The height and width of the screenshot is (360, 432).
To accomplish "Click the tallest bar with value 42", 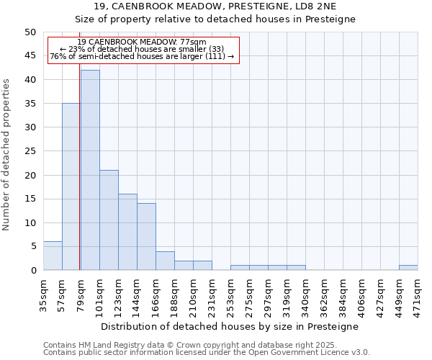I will [90, 170].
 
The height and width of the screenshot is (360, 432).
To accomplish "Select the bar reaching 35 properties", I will [71, 186].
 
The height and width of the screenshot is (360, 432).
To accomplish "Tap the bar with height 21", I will [109, 220].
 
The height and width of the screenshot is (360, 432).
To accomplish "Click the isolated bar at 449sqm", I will [408, 267].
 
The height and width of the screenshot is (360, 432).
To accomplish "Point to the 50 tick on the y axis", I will [30, 32].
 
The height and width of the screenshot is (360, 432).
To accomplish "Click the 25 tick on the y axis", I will [30, 151].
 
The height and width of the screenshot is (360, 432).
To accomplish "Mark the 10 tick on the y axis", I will [30, 222].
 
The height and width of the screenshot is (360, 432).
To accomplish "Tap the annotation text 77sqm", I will [192, 42].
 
